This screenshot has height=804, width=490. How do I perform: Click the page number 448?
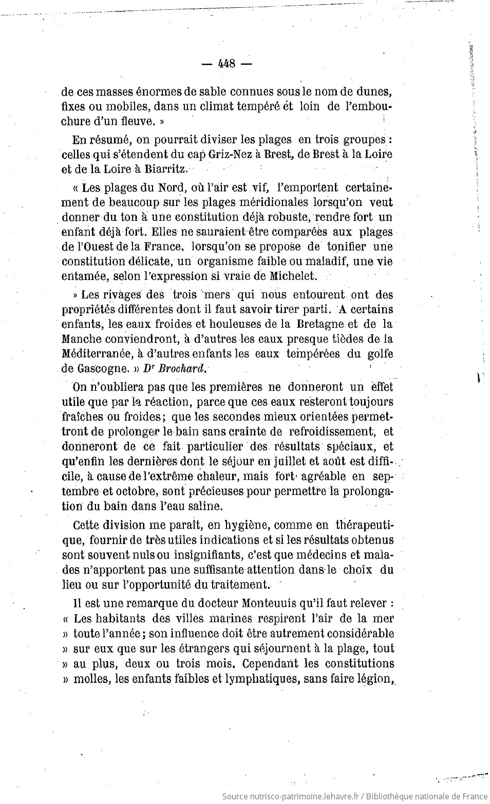click(x=227, y=64)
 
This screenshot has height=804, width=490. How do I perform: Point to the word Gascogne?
click(x=101, y=368)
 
